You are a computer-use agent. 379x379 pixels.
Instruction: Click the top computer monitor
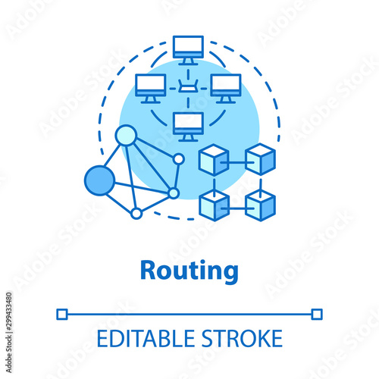pyautogui.click(x=188, y=50)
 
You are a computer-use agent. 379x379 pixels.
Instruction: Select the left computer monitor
pyautogui.click(x=150, y=89)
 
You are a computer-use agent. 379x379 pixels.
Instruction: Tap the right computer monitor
pyautogui.click(x=226, y=89)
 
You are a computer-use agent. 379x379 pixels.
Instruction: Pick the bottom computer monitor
pyautogui.click(x=188, y=127)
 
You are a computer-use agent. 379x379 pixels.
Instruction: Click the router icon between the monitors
pyautogui.click(x=188, y=86)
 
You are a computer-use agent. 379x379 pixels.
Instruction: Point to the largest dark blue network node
pyautogui.click(x=99, y=180)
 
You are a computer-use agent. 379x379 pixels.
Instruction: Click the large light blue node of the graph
pyautogui.click(x=126, y=135)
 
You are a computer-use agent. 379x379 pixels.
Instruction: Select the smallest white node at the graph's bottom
pyautogui.click(x=136, y=214)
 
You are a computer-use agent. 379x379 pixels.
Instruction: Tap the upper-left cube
pyautogui.click(x=214, y=160)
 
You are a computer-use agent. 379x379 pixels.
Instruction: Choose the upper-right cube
pyautogui.click(x=261, y=159)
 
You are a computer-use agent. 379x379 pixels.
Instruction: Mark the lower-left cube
pyautogui.click(x=214, y=205)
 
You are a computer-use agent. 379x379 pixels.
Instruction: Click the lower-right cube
pyautogui.click(x=261, y=205)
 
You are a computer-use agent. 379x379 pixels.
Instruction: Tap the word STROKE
pyautogui.click(x=242, y=339)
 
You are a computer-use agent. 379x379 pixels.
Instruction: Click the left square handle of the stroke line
pyautogui.click(x=62, y=315)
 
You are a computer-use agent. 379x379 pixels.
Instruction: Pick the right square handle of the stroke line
pyautogui.click(x=317, y=315)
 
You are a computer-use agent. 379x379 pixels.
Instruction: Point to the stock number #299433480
pyautogui.click(x=9, y=314)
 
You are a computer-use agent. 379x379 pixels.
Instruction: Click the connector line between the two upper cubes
pyautogui.click(x=237, y=162)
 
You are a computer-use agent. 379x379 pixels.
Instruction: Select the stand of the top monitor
pyautogui.click(x=188, y=61)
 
